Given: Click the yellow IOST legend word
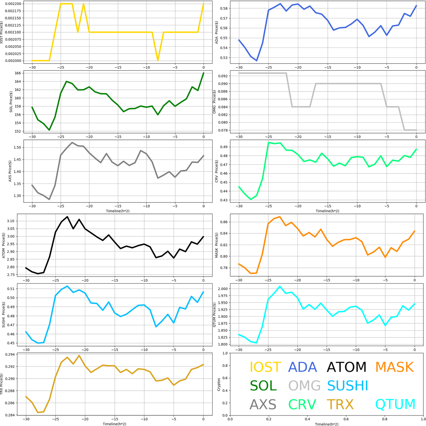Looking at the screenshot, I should [265, 367].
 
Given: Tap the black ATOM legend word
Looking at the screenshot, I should [347, 367].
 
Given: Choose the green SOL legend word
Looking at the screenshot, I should [263, 386].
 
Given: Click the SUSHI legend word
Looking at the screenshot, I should [348, 386].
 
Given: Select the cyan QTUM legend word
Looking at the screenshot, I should [396, 404].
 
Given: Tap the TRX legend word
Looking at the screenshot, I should [340, 404].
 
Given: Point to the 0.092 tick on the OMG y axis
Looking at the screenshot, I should [222, 76].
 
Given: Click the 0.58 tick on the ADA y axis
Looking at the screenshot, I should [224, 8].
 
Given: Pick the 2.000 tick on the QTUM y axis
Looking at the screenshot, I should [221, 289].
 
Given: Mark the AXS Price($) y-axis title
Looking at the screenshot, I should [10, 171].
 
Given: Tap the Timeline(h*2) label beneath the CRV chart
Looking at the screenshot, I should [327, 211].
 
